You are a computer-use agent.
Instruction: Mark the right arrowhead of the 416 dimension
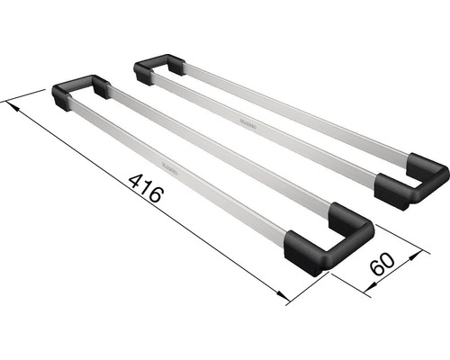point(280,298)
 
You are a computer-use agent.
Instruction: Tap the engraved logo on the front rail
point(169,166)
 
